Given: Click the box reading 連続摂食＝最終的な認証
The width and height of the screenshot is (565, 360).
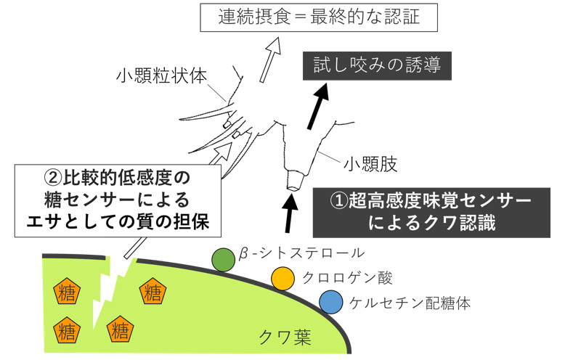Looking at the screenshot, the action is tap(319, 17).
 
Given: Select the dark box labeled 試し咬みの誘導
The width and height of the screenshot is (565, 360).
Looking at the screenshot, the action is tap(377, 66).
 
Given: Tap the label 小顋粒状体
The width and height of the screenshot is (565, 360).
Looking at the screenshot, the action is tap(161, 76).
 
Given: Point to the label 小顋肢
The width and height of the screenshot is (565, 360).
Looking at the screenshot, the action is tap(370, 165).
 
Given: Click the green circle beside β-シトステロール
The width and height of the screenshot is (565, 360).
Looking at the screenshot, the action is tap(224, 260).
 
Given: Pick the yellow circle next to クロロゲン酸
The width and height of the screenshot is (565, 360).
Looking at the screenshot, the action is tap(282, 278).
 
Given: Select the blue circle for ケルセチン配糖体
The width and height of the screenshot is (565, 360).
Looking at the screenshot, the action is tap(330, 302).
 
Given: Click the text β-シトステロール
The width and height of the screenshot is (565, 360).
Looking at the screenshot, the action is tap(301, 253).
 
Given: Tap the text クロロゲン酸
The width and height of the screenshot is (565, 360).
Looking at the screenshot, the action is tap(347, 278).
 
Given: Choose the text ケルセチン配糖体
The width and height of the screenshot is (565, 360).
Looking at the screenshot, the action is tap(410, 303).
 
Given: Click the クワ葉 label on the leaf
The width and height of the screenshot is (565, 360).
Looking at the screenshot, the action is tap(285, 337).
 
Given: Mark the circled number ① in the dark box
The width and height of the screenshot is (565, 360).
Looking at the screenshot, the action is tap(338, 201).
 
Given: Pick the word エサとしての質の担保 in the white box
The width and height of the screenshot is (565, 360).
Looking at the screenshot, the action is tap(118, 223).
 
